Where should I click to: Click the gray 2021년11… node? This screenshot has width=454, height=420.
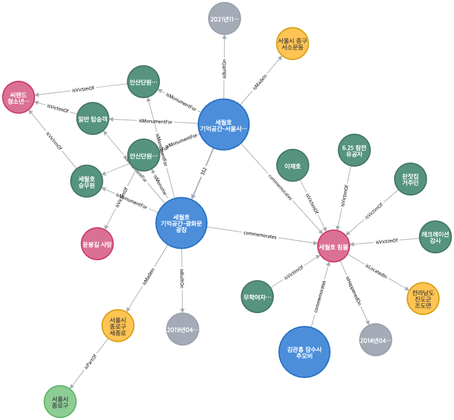click(x=224, y=19)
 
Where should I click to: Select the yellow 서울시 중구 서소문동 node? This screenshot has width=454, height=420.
click(x=293, y=43)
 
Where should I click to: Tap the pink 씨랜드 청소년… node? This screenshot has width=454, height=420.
click(x=18, y=97)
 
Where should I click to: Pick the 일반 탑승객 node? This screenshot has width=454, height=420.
click(x=93, y=118)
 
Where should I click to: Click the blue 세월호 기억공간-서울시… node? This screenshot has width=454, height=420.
click(x=223, y=125)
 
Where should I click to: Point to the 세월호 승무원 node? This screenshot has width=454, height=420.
click(x=87, y=181)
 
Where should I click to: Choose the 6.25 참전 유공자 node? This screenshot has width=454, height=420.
click(x=354, y=150)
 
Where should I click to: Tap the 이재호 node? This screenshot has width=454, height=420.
click(x=292, y=165)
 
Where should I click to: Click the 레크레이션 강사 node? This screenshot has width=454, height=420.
click(x=435, y=237)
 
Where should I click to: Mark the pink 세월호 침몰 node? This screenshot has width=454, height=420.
click(x=334, y=246)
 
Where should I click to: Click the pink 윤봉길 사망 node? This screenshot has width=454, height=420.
click(x=97, y=244)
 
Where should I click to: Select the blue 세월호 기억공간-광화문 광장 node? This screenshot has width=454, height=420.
click(x=181, y=223)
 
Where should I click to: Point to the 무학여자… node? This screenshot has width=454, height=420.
click(x=257, y=297)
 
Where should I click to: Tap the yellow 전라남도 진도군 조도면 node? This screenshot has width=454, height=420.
click(x=423, y=298)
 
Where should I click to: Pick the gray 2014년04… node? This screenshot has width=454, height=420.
click(x=375, y=340)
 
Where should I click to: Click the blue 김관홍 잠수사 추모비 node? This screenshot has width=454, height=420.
click(x=304, y=352)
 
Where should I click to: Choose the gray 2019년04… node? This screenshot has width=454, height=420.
click(x=183, y=329)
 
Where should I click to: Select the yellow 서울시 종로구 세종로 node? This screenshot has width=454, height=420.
click(x=118, y=325)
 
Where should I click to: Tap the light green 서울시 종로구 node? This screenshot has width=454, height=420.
click(x=60, y=402)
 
